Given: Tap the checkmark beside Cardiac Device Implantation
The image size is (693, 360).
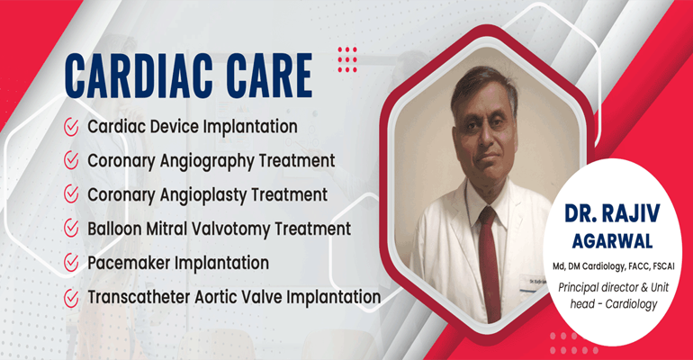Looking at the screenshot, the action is (x=71, y=127).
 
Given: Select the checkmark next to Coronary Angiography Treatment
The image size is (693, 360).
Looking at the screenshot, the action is (x=71, y=160).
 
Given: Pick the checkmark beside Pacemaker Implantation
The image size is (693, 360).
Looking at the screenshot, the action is (x=71, y=263).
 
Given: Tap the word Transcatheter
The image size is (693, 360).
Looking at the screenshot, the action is (x=139, y=297).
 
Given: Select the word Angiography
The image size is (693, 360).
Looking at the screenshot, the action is (x=206, y=162).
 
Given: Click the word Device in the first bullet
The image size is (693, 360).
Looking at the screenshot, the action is (x=174, y=126).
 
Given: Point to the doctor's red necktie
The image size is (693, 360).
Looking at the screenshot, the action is (x=489, y=263).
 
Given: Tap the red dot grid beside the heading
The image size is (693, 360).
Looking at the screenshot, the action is (x=347, y=59).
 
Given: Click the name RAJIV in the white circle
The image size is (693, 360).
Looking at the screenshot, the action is (x=634, y=214).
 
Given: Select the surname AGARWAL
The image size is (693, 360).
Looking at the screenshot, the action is (x=612, y=241).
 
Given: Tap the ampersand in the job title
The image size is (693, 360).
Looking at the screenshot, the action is (x=643, y=288).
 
